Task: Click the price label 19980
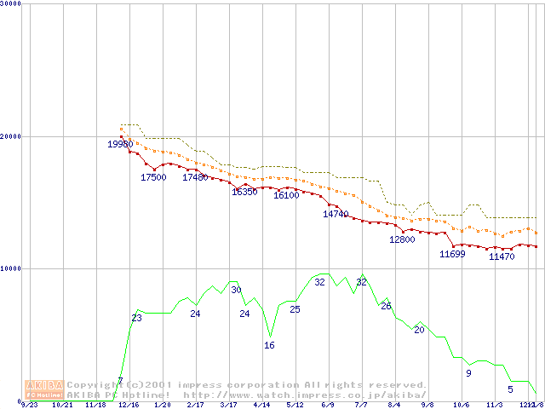pos(120,144)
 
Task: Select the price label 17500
pos(153,177)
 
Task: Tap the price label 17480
pos(195,177)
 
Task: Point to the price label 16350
pos(244,192)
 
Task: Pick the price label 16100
pos(286,195)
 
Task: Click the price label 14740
pos(336,214)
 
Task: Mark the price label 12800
pos(402,239)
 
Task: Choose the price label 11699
pos(452,254)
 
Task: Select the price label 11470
pos(502,256)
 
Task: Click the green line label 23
pos(136,318)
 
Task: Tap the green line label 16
pos(269,345)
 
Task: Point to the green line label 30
pos(236,290)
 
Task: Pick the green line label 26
pos(386,306)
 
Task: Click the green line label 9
pos(468,373)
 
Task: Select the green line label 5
pos(510,389)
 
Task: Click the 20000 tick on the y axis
pos(11,136)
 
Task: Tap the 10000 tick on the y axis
pos(11,268)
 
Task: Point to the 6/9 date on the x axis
pos(327,406)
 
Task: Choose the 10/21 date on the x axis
pos(62,406)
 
